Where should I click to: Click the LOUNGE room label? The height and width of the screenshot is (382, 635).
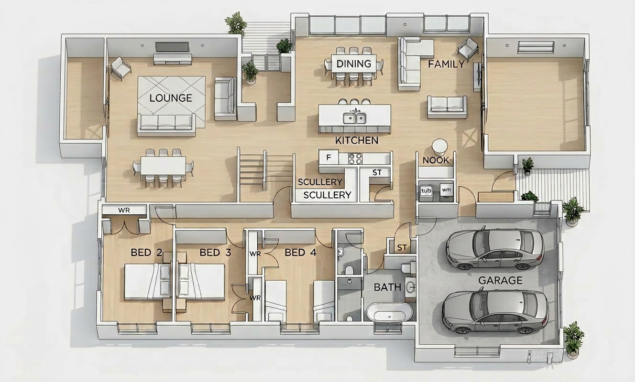tap(171, 98)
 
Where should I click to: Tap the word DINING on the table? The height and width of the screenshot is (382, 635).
tap(354, 64)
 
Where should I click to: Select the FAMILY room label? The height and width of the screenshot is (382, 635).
tap(446, 64)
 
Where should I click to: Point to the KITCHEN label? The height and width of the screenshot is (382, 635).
tap(357, 140)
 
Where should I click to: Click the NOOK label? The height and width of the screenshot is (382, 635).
tap(436, 160)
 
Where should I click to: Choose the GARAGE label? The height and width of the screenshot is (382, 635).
tap(500, 280)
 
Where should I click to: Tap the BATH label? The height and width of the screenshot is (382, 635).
tap(387, 287)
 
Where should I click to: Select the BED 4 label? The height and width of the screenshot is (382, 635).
tap(300, 252)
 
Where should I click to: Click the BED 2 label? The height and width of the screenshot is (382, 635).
tap(146, 252)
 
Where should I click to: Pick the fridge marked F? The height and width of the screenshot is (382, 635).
tap(328, 157)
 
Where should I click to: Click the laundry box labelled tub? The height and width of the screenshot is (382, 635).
tap(426, 191)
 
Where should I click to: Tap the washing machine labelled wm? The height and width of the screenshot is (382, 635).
tap(446, 190)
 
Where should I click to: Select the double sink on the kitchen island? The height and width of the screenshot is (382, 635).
tap(354, 118)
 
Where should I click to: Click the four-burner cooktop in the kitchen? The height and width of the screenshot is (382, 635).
tap(355, 159)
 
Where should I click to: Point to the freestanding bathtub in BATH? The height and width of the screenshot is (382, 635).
tap(390, 312)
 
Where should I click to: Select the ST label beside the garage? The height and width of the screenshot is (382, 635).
tap(402, 248)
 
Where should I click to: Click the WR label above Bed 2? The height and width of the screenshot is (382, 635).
tap(124, 210)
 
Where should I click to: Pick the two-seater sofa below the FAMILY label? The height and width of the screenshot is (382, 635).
tap(447, 107)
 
